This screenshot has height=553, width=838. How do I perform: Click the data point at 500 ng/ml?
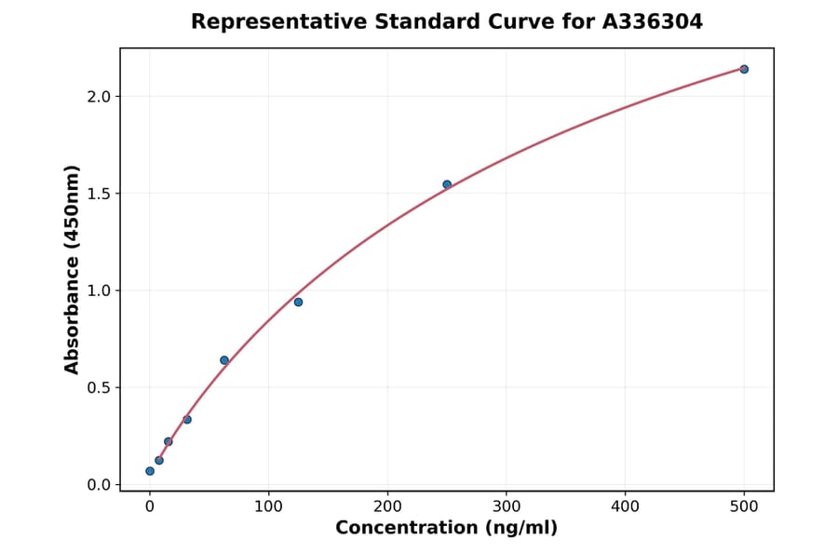coord(744,69)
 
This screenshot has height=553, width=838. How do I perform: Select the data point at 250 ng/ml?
coord(447,184)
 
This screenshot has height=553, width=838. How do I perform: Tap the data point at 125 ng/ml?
coord(298,302)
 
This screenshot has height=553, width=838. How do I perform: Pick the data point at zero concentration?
coord(150,471)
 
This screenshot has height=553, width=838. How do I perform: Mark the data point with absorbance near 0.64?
coord(224,360)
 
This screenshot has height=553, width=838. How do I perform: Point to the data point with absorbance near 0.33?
coord(187,420)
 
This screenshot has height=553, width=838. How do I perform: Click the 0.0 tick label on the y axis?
coord(99,485)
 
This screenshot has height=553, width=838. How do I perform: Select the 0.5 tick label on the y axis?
coord(99,387)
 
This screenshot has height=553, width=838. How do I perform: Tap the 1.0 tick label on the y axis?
coord(99,290)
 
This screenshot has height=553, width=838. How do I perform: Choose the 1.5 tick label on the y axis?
coord(99,194)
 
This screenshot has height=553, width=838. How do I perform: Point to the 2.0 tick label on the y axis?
coord(99,97)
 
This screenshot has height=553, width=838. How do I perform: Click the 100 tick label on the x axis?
coord(269,506)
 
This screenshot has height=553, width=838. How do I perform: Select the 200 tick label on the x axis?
coord(387,506)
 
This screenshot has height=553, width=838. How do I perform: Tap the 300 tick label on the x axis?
coord(507,506)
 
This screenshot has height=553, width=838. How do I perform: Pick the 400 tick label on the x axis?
coord(626,506)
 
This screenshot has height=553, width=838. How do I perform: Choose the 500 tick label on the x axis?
coord(744,506)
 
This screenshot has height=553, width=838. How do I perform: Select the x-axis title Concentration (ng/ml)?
coord(446,529)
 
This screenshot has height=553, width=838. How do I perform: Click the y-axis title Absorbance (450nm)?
coord(73,269)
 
